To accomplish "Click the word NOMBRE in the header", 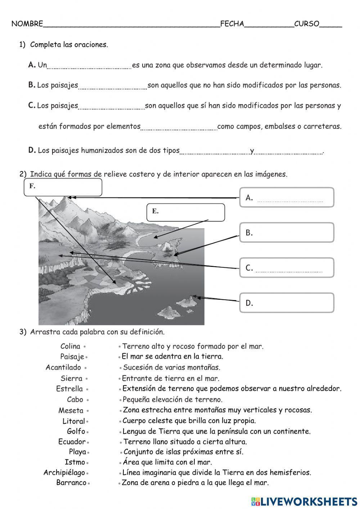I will tap(27, 24).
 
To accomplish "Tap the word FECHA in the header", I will tap(232, 24).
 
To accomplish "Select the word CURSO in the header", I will tap(306, 24).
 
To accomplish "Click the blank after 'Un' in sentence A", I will tap(89, 66).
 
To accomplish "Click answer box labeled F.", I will tap(63, 187).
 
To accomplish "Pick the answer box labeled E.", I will tap(186, 212).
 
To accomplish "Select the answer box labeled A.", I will tap(287, 197).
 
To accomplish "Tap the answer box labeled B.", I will tap(287, 232).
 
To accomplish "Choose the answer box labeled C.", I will tap(287, 268).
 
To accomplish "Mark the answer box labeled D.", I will tap(287, 303).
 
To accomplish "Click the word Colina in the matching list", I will tap(70, 346).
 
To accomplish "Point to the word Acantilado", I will tap(63, 367).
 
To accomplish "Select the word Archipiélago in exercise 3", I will tap(64, 472).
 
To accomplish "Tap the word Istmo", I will tap(75, 462).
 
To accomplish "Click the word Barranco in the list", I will tap(71, 483).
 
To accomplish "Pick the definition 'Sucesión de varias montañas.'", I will tap(171, 367).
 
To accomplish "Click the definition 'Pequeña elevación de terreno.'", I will tap(172, 399).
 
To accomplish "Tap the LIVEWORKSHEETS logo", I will tap(304, 501).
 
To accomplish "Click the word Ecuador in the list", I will tap(72, 442).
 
